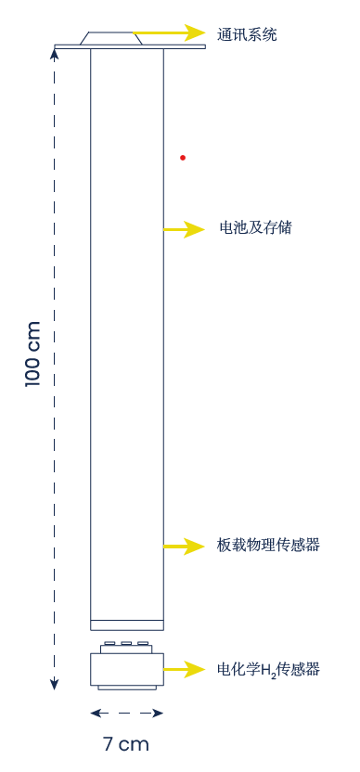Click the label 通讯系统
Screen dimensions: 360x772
click(x=247, y=34)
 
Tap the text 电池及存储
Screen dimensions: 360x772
click(x=255, y=227)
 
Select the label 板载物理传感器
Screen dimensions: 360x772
click(x=268, y=546)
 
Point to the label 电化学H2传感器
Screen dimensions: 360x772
click(x=268, y=668)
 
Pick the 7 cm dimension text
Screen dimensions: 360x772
click(x=125, y=744)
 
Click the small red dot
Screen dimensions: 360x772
click(x=183, y=158)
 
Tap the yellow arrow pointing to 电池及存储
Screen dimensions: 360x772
click(x=185, y=229)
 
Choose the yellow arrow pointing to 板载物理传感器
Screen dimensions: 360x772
click(x=185, y=547)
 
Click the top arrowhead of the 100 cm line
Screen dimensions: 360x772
click(x=55, y=53)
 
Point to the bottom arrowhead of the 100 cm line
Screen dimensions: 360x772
click(x=55, y=685)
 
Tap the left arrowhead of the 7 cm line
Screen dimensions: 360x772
click(x=95, y=714)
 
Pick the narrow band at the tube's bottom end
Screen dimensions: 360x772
click(x=127, y=624)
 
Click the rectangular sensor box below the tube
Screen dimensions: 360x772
click(x=127, y=669)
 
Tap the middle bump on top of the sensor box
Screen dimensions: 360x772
click(x=126, y=642)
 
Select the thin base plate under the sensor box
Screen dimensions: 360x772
click(x=127, y=688)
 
